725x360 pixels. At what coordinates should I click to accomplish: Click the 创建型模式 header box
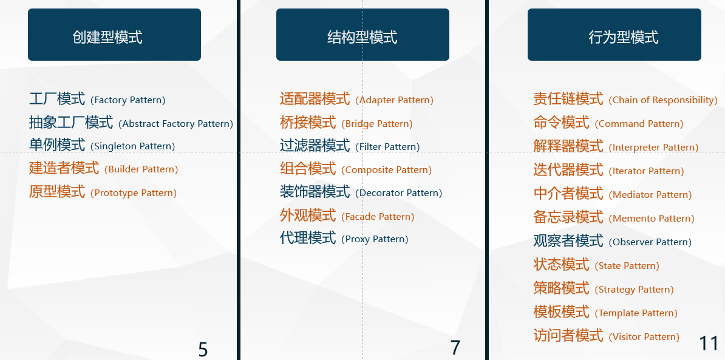(x=114, y=35)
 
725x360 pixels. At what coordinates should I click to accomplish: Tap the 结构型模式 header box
(x=362, y=35)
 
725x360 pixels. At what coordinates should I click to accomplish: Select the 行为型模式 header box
(x=614, y=35)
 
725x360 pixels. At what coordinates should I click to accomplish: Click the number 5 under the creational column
(x=203, y=349)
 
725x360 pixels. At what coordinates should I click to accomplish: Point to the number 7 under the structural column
(x=455, y=347)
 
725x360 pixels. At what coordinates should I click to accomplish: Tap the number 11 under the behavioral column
(x=709, y=344)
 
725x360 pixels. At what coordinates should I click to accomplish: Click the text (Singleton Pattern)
(x=133, y=146)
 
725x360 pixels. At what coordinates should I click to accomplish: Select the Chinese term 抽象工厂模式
(x=71, y=123)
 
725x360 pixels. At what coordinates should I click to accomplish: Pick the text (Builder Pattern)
(x=141, y=169)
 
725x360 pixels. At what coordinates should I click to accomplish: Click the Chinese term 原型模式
(x=57, y=191)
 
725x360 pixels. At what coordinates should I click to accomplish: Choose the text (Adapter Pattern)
(x=395, y=100)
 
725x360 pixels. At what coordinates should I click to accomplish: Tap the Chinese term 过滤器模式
(x=315, y=146)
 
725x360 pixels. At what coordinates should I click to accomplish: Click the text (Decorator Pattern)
(x=398, y=192)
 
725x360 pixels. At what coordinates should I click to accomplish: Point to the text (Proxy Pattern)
(x=375, y=239)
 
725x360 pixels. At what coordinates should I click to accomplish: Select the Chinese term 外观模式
(x=308, y=215)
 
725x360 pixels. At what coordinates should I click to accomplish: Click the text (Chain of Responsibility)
(x=663, y=100)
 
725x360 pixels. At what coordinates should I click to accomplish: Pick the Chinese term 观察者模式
(x=568, y=241)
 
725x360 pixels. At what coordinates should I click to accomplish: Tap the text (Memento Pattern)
(x=652, y=218)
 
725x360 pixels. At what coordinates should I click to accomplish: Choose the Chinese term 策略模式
(x=561, y=288)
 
